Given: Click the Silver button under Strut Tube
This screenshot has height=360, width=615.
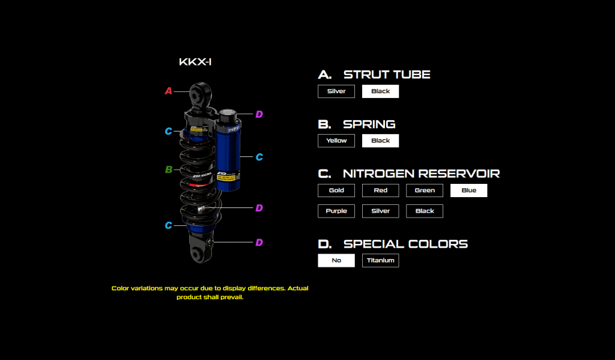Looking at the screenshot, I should pyautogui.click(x=336, y=91).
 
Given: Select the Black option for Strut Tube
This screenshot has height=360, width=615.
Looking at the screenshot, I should pyautogui.click(x=380, y=91).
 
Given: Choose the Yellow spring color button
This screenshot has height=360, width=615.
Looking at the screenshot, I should pyautogui.click(x=336, y=141).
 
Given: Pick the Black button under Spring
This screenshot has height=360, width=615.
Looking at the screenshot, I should pyautogui.click(x=380, y=141).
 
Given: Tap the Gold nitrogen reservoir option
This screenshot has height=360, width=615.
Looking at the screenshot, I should pyautogui.click(x=336, y=191).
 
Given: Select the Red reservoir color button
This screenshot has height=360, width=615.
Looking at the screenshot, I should pyautogui.click(x=380, y=191).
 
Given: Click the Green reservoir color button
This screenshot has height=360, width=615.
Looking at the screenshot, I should pyautogui.click(x=425, y=191).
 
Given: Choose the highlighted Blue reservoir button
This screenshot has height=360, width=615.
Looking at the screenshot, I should pyautogui.click(x=468, y=191).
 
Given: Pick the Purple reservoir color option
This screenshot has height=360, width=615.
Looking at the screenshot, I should pyautogui.click(x=336, y=211).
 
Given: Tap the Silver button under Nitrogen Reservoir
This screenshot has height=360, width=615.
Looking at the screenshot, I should pyautogui.click(x=380, y=211).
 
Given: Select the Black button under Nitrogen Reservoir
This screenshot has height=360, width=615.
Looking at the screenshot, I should pyautogui.click(x=425, y=211).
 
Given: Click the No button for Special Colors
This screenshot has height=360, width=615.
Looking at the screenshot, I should pyautogui.click(x=336, y=260).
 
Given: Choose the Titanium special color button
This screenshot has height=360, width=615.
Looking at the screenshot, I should pyautogui.click(x=380, y=260).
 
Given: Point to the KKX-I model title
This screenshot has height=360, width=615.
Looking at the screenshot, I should pyautogui.click(x=195, y=62).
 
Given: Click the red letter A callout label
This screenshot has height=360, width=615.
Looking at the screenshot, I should pyautogui.click(x=169, y=91).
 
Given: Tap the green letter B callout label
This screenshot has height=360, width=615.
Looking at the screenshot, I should pyautogui.click(x=169, y=169).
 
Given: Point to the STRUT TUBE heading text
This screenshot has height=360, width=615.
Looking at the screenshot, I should pyautogui.click(x=387, y=75).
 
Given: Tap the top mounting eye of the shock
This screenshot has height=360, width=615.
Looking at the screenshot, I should pyautogui.click(x=200, y=94).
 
